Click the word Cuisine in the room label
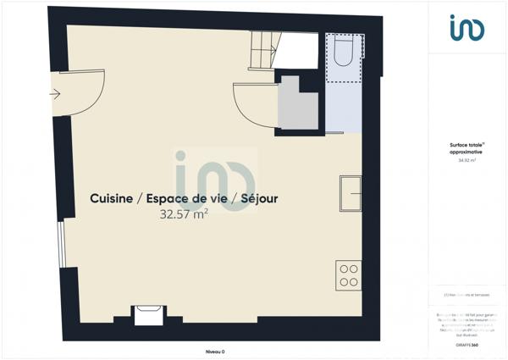[x=111, y=199]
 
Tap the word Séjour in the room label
[x=257, y=199]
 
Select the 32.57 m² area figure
[x=184, y=215]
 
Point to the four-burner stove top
[x=348, y=274]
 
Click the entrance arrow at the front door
[x=56, y=94]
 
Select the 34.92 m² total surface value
[x=467, y=160]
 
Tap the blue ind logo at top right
[x=467, y=28]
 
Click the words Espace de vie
[x=185, y=199]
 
